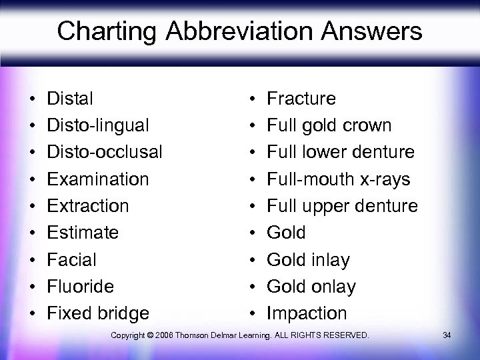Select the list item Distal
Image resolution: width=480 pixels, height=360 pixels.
70,99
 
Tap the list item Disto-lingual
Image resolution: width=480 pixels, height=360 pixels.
98,125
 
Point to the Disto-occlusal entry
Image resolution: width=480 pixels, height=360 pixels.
105,152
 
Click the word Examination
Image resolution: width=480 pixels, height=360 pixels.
98,179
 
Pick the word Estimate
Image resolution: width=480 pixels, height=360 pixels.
83,233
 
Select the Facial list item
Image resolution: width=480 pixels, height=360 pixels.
72,259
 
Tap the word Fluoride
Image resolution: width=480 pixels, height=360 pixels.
81,286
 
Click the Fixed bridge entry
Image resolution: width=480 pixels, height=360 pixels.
99,313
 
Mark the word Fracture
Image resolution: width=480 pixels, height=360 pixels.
301,99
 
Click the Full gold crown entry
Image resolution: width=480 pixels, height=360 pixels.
329,125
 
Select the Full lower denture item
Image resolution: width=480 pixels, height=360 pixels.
341,152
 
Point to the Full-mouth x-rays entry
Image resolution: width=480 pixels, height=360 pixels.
339,179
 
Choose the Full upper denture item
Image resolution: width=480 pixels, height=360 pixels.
342,205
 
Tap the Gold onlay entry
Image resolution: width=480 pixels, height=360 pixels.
311,286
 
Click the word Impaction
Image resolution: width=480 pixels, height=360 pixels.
307,313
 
